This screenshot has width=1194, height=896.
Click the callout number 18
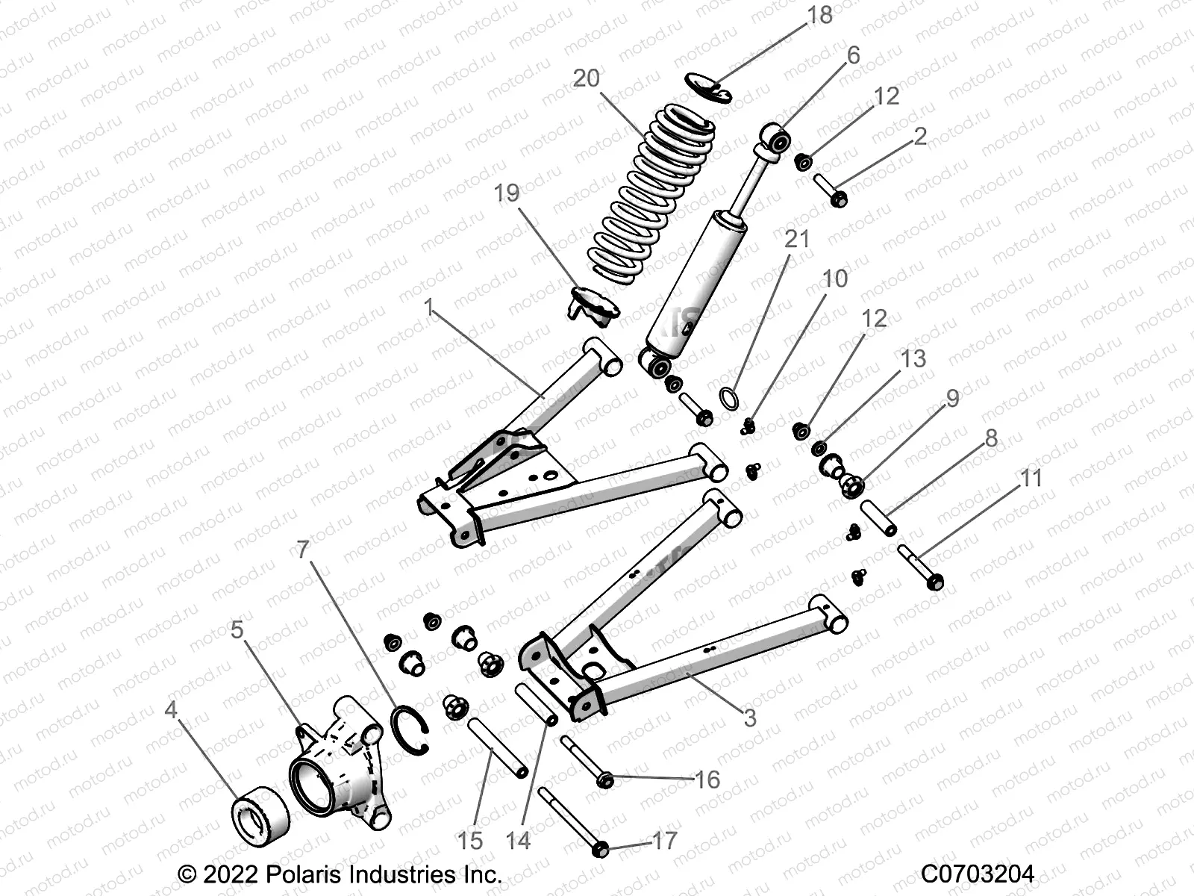click(x=819, y=15)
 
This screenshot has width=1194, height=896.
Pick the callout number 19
click(x=507, y=193)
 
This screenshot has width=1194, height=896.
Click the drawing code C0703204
click(x=978, y=873)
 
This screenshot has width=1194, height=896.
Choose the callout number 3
click(x=750, y=718)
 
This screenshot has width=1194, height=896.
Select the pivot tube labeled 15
click(x=498, y=747)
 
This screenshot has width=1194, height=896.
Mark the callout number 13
click(x=913, y=358)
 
